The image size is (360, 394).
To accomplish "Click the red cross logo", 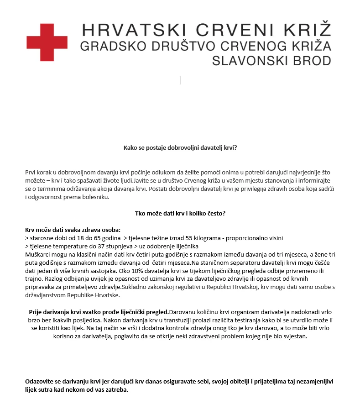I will tap(47, 41).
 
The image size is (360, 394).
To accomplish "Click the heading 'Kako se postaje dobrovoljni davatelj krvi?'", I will tap(181, 148).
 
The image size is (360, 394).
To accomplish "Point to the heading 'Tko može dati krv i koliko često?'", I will tap(181, 213).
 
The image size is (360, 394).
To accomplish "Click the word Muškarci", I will tap(37, 254).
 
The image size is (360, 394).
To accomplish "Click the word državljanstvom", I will tap(46, 295).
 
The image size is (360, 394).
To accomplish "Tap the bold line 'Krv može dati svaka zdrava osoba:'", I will tap(73, 230).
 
